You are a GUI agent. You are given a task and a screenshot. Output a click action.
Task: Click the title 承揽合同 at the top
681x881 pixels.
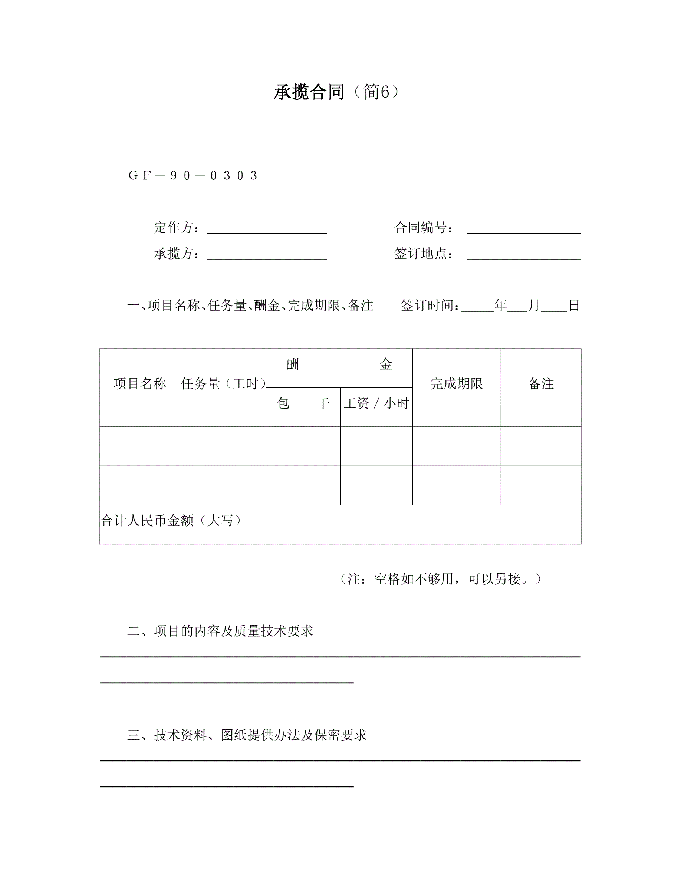(309, 92)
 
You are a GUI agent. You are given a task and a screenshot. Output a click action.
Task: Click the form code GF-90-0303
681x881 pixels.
(193, 175)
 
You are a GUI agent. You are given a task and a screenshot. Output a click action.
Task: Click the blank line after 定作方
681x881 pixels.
(267, 229)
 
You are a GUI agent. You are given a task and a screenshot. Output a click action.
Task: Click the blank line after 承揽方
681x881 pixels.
(267, 255)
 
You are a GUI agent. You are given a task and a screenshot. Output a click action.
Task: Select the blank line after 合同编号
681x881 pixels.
(524, 229)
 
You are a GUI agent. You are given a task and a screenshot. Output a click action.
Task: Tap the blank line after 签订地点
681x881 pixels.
(524, 255)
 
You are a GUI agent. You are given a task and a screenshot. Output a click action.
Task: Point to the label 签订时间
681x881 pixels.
(429, 306)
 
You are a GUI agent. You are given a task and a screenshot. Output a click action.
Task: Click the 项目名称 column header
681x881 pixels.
(139, 384)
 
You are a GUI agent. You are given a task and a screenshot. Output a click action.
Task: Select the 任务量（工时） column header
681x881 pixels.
(223, 384)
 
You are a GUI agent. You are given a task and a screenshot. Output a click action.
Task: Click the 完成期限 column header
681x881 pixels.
(456, 384)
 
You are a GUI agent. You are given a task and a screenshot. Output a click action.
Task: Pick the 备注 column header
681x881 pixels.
(540, 384)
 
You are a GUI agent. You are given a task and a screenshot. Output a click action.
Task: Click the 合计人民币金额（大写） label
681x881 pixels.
(171, 521)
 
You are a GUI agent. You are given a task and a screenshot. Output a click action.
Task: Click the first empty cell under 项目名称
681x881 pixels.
(139, 446)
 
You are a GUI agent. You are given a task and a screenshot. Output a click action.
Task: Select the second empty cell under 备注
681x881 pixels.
(540, 485)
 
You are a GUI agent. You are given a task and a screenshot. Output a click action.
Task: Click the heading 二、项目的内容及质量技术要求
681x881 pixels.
(220, 631)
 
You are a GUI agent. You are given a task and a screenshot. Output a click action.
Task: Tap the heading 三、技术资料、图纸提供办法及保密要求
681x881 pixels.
(247, 735)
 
